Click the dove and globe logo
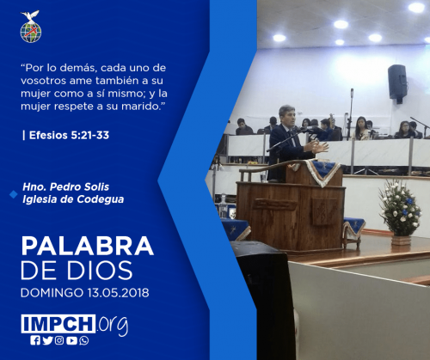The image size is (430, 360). click(x=31, y=27)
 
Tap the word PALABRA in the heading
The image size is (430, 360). click(x=88, y=246)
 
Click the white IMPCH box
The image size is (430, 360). click(x=58, y=324)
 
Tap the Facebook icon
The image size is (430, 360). click(x=35, y=340)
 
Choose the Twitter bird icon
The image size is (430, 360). click(x=47, y=340)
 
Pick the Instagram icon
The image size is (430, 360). click(x=59, y=340)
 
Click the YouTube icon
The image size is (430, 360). click(x=71, y=340)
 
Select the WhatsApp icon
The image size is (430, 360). click(x=84, y=340)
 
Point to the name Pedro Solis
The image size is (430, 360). click(x=79, y=187)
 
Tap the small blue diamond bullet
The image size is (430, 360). click(x=14, y=194)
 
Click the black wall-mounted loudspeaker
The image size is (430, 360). click(x=397, y=82)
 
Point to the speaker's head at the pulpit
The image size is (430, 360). click(x=287, y=116)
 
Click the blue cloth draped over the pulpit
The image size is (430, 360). click(x=322, y=171)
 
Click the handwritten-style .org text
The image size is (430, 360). click(x=112, y=325)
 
